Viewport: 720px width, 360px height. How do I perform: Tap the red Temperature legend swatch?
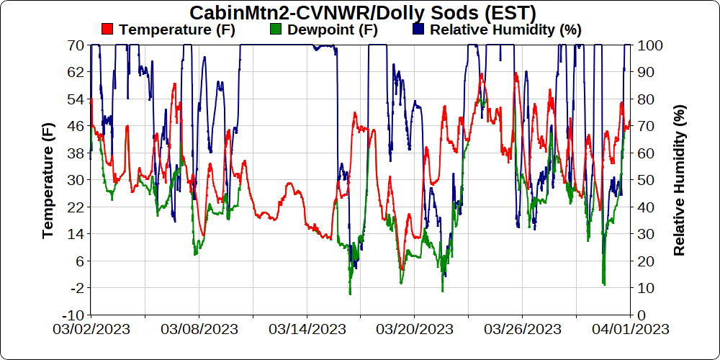click(x=107, y=30)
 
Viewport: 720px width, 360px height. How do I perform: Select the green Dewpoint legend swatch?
click(x=274, y=30)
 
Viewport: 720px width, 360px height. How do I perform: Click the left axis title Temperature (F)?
click(x=48, y=180)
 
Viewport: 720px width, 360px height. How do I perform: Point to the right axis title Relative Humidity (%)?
click(x=679, y=180)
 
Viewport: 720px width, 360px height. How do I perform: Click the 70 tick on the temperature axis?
click(x=75, y=45)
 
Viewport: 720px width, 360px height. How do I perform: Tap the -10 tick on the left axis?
click(x=73, y=315)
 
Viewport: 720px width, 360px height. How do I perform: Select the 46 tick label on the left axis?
click(x=75, y=125)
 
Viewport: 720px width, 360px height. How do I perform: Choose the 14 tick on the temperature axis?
click(x=75, y=233)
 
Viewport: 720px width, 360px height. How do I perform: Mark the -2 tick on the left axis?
click(x=75, y=287)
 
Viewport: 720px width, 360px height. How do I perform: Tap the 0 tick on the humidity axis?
click(x=642, y=315)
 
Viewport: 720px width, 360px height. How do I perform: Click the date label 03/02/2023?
click(x=91, y=329)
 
